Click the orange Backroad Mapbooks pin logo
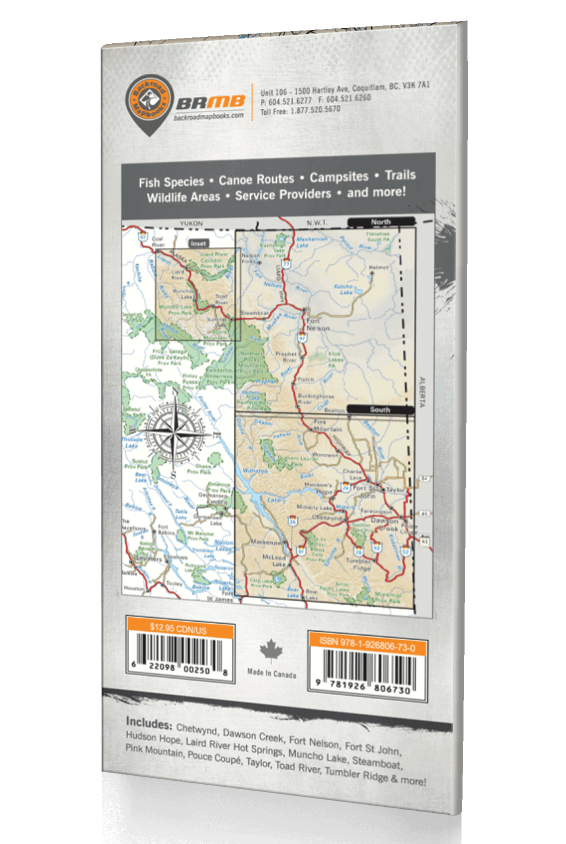149,102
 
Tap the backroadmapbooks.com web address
209,115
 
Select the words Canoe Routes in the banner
256,179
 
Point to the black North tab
381,222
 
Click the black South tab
380,409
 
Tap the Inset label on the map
198,243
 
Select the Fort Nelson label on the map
318,324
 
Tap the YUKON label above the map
191,224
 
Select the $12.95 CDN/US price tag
178,628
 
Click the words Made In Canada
272,673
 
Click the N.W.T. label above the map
317,223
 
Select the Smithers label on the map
149,559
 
